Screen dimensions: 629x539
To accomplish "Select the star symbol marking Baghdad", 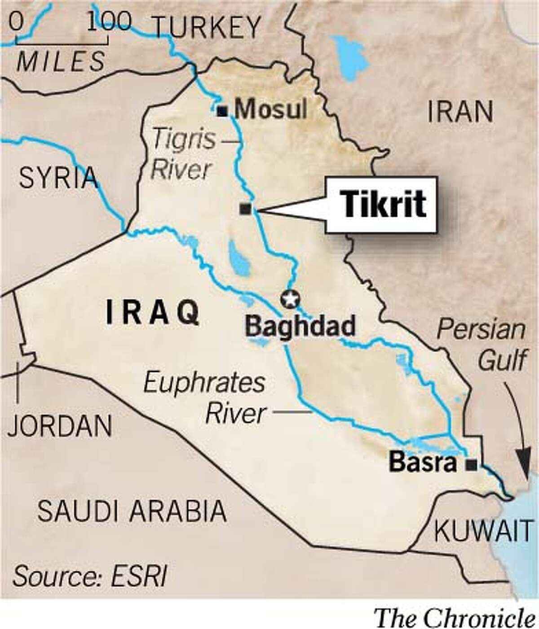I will pos(290,299).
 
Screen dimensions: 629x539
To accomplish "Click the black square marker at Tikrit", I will pos(245,209).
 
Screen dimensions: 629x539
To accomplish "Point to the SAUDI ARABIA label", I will pos(132,510).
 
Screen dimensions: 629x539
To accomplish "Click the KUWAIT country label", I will pos(483,532).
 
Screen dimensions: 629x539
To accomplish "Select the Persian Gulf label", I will pos(481,345).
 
